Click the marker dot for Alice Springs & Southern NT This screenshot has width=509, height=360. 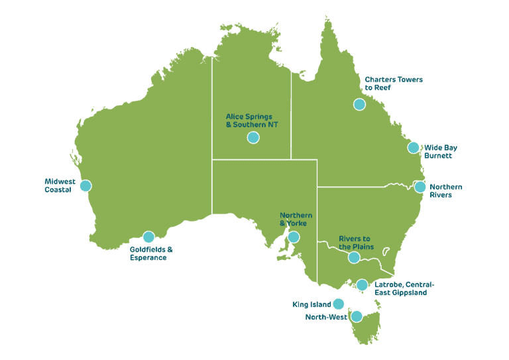point(253,137)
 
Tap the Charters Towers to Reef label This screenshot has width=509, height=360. point(394,83)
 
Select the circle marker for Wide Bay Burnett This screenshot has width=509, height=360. point(414,147)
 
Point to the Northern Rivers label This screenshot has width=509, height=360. point(445,191)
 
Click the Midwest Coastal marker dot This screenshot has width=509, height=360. point(85,186)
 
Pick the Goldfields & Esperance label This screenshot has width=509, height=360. point(151,253)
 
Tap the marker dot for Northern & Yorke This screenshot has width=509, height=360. point(293,237)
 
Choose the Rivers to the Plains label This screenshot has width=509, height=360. point(356,242)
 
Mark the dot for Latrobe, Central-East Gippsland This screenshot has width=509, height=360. point(362,285)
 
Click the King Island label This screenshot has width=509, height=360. point(311,304)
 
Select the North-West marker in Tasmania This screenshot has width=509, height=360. point(357,316)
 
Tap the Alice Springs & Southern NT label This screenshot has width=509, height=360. point(249,120)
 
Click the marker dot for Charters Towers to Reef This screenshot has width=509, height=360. point(359,104)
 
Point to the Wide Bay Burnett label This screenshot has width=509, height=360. point(440,152)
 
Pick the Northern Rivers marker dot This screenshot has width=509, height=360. point(420,187)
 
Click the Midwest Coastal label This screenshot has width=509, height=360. point(58,186)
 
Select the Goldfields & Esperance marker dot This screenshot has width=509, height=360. point(148,237)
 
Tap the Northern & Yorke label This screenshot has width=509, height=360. point(296,219)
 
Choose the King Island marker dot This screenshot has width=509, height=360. point(339,304)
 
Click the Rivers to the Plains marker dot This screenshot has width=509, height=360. point(354,257)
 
